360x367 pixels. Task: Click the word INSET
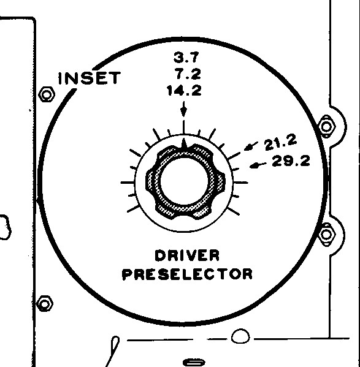(x=90, y=78)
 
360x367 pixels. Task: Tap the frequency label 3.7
(x=186, y=58)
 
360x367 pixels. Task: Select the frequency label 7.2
(x=188, y=74)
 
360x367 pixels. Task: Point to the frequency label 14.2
(x=185, y=91)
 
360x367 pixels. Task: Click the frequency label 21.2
(x=280, y=142)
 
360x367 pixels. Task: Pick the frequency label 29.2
(x=291, y=161)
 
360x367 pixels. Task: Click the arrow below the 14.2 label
(x=184, y=109)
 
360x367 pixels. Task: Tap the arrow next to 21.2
(x=251, y=146)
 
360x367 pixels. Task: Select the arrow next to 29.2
(x=258, y=165)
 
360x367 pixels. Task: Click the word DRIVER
(x=187, y=255)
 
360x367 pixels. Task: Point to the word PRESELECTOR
(x=188, y=274)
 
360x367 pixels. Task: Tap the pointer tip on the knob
(x=184, y=139)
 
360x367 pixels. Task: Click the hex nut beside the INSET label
(x=47, y=95)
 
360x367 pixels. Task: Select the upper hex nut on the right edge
(x=326, y=127)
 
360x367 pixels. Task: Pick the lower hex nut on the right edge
(x=326, y=234)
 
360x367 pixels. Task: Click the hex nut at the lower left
(x=45, y=303)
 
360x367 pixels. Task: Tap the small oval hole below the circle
(x=240, y=336)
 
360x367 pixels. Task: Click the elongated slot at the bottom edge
(x=194, y=363)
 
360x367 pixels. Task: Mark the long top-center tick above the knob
(x=184, y=127)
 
